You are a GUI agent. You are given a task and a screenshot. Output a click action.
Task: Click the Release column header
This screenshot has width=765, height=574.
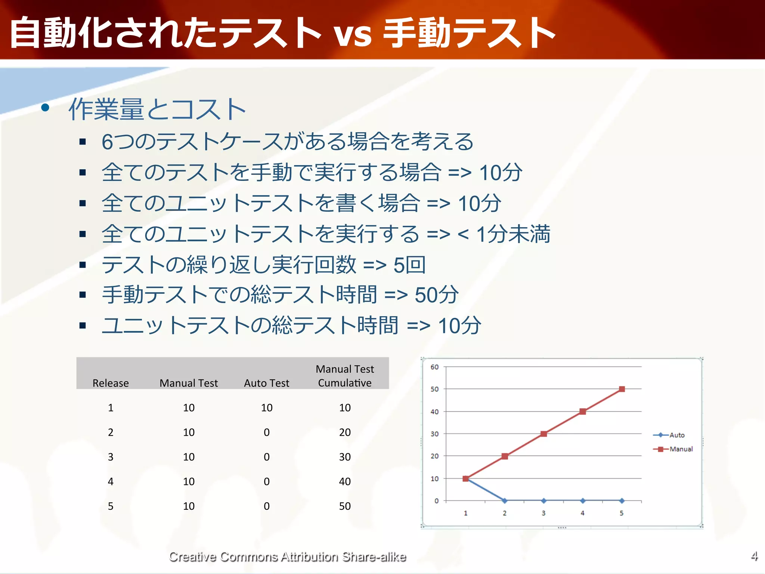(x=111, y=383)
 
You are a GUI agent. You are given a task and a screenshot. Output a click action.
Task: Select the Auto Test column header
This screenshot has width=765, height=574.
(x=266, y=383)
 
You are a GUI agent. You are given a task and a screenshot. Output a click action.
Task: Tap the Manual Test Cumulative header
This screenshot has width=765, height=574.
(x=345, y=376)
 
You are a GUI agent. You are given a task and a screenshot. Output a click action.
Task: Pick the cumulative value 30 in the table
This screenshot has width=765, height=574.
(x=345, y=457)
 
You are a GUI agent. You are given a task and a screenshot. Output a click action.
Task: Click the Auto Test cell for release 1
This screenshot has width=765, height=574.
(x=266, y=408)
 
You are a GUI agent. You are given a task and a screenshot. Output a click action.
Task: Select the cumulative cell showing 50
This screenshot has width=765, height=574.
(x=345, y=506)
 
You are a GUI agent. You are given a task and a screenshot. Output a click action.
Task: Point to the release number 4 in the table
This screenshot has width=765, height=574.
(x=111, y=481)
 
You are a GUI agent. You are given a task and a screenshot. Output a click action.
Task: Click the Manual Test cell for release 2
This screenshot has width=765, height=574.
(x=189, y=432)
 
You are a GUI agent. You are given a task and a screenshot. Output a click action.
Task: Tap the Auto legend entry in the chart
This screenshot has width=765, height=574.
(x=676, y=435)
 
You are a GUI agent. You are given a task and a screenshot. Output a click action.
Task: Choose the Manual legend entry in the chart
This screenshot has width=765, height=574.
(x=681, y=449)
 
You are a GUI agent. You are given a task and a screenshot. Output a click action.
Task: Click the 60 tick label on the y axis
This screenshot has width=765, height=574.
(x=434, y=367)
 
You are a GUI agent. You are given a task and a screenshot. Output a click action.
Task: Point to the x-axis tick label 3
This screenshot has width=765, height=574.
(x=543, y=513)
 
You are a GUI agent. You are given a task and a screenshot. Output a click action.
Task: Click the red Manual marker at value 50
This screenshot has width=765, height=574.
(x=622, y=389)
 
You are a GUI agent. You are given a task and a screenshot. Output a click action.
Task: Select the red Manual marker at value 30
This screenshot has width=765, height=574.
(x=543, y=434)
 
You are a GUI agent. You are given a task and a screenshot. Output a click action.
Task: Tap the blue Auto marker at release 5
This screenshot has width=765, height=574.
(x=622, y=501)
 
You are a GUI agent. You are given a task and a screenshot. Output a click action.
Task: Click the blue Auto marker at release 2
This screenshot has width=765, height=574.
(x=505, y=501)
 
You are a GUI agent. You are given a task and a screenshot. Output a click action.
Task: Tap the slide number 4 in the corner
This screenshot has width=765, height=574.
(x=754, y=556)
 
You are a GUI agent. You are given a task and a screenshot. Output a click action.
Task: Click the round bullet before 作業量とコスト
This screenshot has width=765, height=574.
(x=45, y=108)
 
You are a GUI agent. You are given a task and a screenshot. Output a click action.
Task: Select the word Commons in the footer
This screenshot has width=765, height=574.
(x=248, y=557)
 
